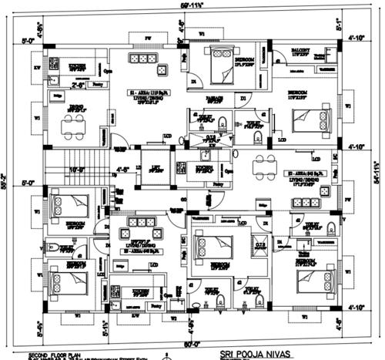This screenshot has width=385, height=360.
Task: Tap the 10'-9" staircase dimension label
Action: [76, 168]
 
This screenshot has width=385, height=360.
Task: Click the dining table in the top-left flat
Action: [75, 123]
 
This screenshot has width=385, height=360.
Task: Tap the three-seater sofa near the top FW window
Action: [142, 59]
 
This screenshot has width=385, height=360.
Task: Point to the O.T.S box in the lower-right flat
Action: [260, 245]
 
